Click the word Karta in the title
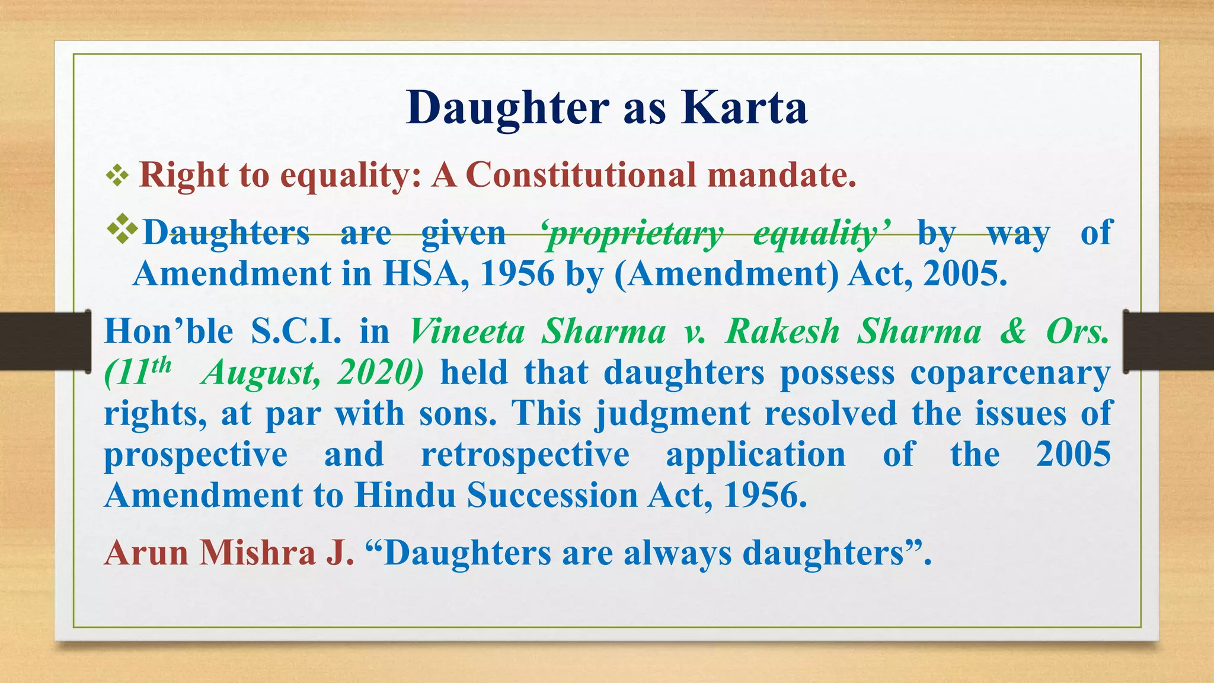(x=744, y=108)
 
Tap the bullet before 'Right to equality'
(x=117, y=175)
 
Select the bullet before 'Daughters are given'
(x=122, y=230)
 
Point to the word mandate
(x=781, y=175)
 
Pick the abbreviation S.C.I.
(x=296, y=331)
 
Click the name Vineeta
(x=468, y=331)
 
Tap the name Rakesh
(x=783, y=331)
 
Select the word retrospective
(x=525, y=455)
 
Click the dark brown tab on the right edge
(x=1168, y=341)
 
